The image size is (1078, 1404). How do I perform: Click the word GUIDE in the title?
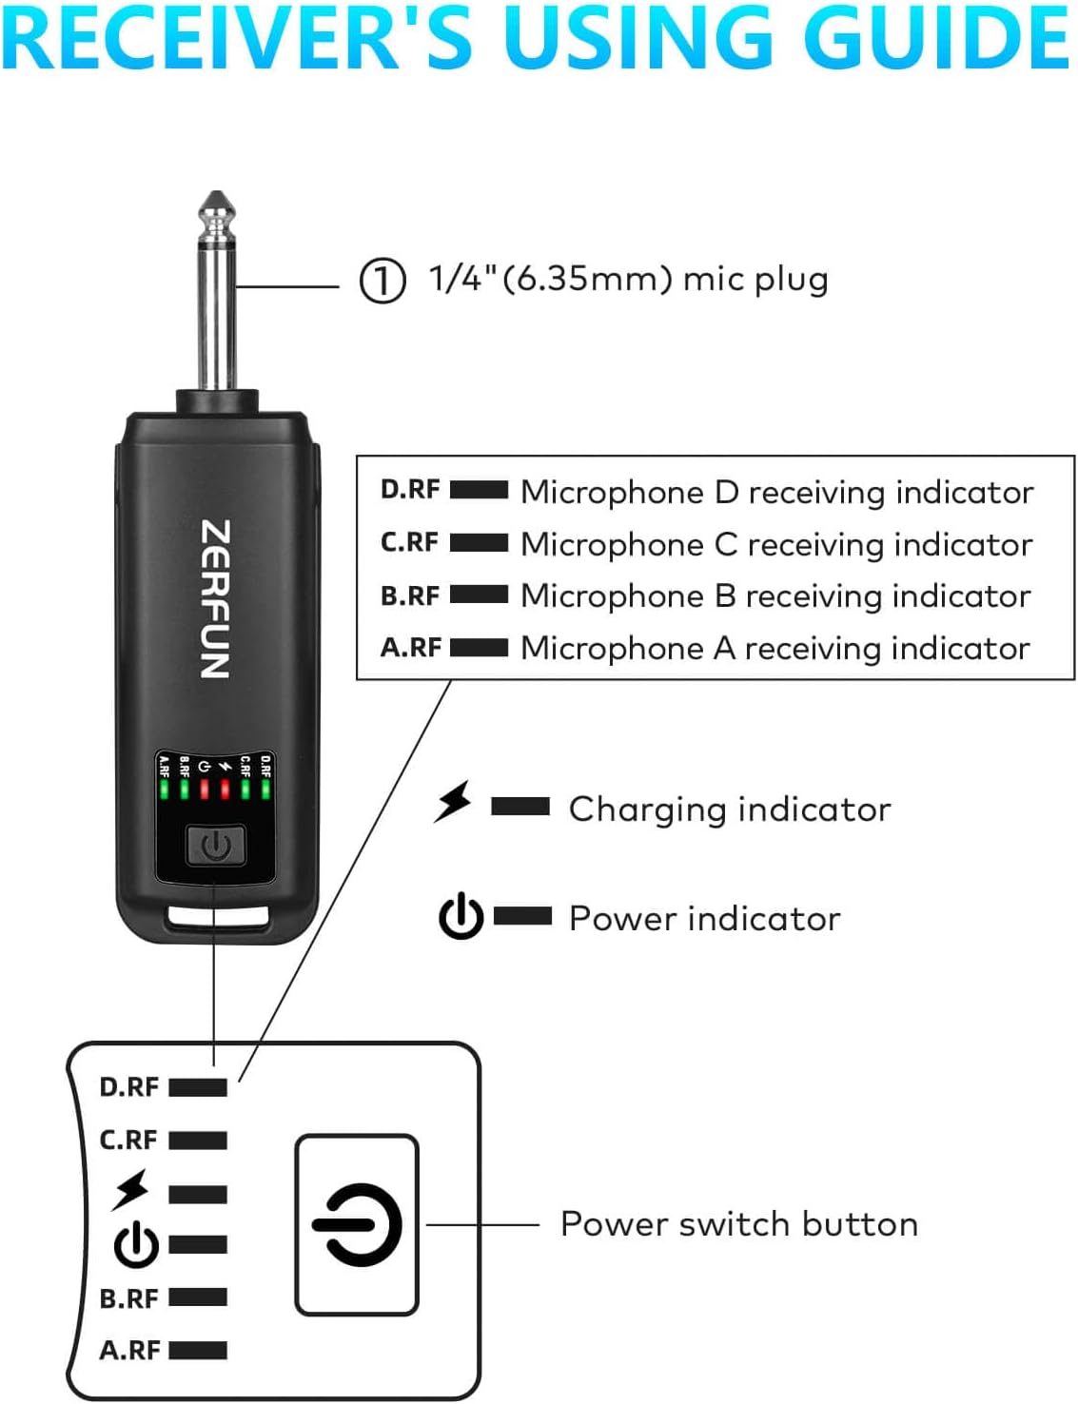pyautogui.click(x=936, y=38)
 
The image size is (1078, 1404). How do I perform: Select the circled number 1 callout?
pyautogui.click(x=382, y=281)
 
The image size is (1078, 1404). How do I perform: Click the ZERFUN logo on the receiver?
pyautogui.click(x=215, y=599)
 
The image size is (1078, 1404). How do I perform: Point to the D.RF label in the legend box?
pyautogui.click(x=410, y=490)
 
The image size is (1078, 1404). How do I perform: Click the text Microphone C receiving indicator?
pyautogui.click(x=776, y=544)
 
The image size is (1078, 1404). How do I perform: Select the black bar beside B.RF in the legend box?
pyautogui.click(x=479, y=595)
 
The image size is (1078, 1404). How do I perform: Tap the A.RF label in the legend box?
pyautogui.click(x=411, y=648)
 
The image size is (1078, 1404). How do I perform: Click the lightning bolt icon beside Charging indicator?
pyautogui.click(x=453, y=802)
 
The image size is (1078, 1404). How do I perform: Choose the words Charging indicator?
pyautogui.click(x=730, y=809)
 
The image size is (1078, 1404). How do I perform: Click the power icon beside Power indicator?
pyautogui.click(x=461, y=916)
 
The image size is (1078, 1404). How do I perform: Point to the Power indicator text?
pyautogui.click(x=704, y=919)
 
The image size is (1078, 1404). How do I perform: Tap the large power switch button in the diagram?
pyautogui.click(x=357, y=1225)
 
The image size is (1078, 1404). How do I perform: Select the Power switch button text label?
pyautogui.click(x=739, y=1224)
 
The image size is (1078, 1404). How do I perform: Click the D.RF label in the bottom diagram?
pyautogui.click(x=129, y=1087)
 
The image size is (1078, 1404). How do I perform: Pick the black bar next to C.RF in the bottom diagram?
pyautogui.click(x=198, y=1140)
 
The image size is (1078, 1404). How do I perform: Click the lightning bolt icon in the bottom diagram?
pyautogui.click(x=130, y=1190)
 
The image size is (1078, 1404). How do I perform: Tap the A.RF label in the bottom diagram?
pyautogui.click(x=129, y=1350)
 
